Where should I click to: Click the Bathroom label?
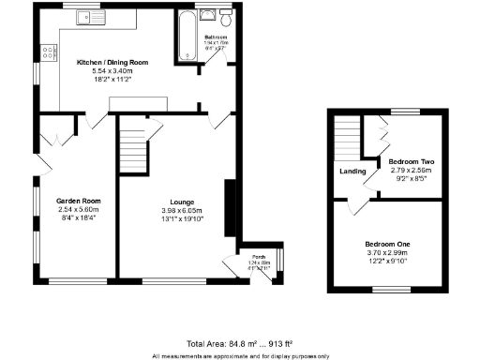point(217,37)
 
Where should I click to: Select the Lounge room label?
point(182,202)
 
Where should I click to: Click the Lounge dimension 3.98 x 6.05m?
point(182,211)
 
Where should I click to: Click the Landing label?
point(352,171)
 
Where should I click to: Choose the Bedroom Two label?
point(411,162)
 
